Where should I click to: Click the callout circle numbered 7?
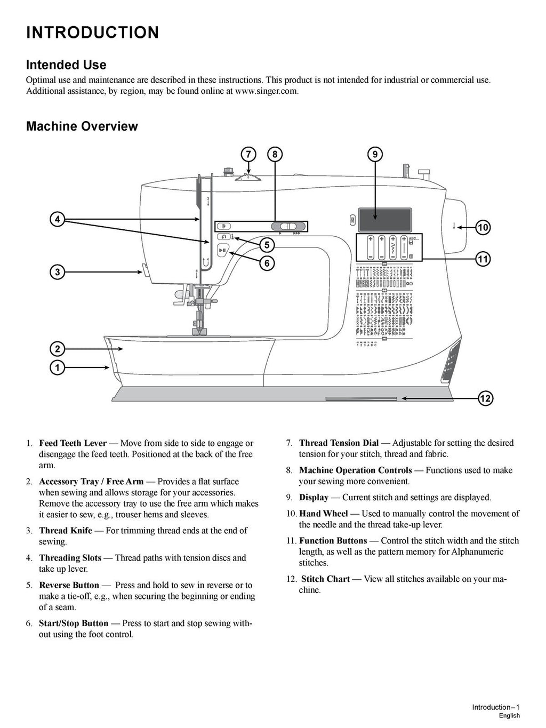248,155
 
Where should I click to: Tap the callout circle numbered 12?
485,398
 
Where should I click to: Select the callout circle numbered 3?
57,272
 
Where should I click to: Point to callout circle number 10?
483,228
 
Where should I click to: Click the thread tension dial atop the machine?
246,178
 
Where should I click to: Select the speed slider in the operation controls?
288,226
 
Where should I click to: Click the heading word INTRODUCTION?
92,33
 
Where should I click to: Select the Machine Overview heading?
82,126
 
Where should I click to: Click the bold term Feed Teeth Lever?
73,443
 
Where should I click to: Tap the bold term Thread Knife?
66,531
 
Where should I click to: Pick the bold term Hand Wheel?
324,514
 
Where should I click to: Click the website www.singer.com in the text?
266,91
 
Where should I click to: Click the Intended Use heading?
66,65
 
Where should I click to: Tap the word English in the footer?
509,716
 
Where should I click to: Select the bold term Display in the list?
314,498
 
